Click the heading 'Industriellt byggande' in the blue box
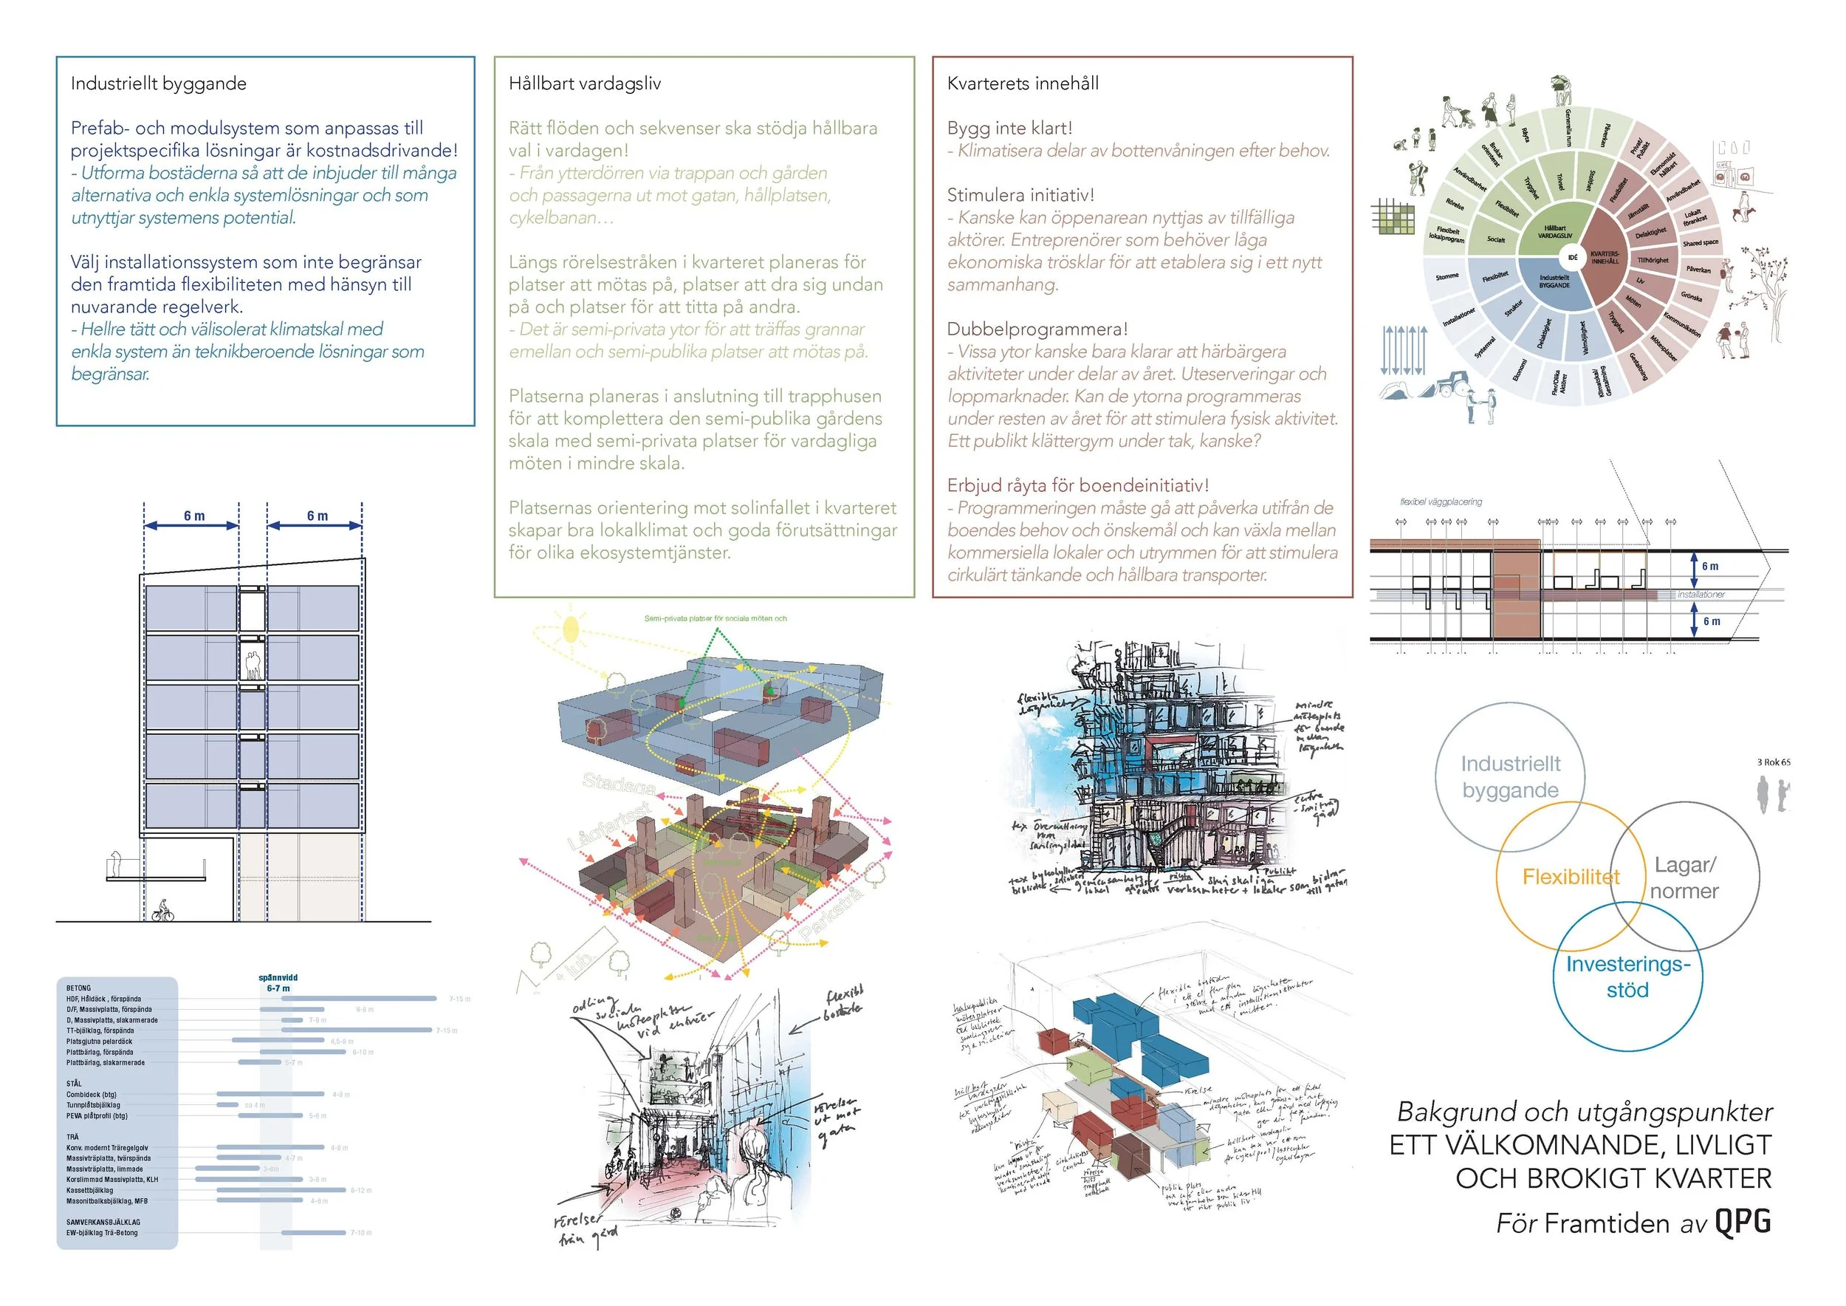pyautogui.click(x=159, y=83)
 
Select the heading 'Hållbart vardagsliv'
pyautogui.click(x=585, y=83)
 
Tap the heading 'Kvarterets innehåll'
pyautogui.click(x=1023, y=83)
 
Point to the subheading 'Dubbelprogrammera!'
pyautogui.click(x=1037, y=329)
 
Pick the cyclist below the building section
pyautogui.click(x=163, y=912)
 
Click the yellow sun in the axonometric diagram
pyautogui.click(x=571, y=629)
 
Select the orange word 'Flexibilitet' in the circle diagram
pyautogui.click(x=1571, y=877)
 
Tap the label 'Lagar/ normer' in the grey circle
pyautogui.click(x=1684, y=878)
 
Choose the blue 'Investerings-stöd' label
pyautogui.click(x=1628, y=977)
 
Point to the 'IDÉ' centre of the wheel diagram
pyautogui.click(x=1573, y=258)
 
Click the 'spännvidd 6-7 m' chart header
pyautogui.click(x=278, y=982)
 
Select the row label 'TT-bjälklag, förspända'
pyautogui.click(x=100, y=1030)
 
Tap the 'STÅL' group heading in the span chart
pyautogui.click(x=74, y=1083)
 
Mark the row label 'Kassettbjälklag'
pyautogui.click(x=90, y=1190)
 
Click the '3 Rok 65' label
pyautogui.click(x=1774, y=762)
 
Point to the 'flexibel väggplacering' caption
pyautogui.click(x=1441, y=502)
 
